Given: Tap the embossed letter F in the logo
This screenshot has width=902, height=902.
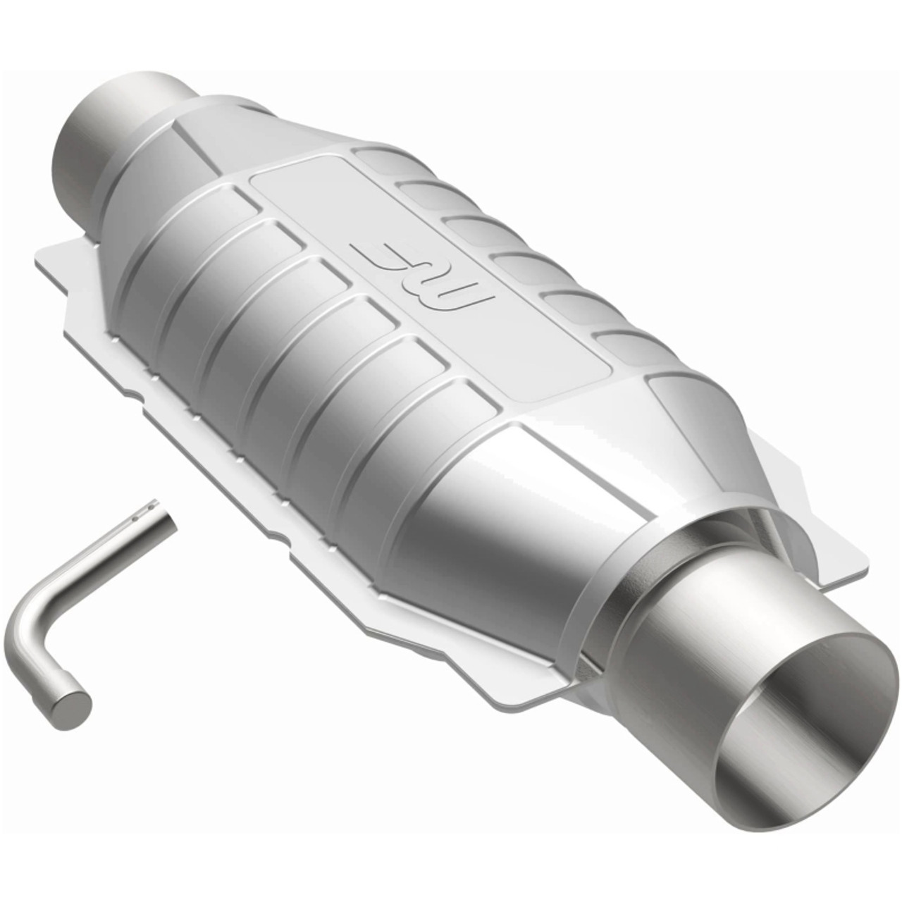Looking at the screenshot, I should click(x=377, y=254).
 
